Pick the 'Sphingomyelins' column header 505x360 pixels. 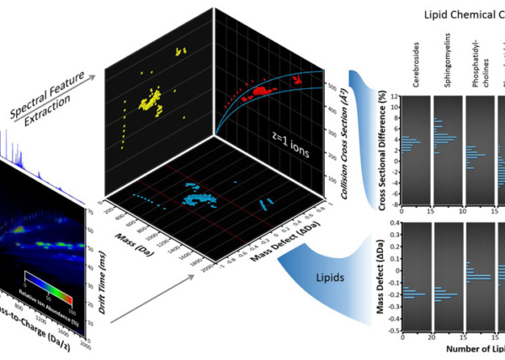click(443, 59)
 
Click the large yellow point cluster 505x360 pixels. click(152, 103)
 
